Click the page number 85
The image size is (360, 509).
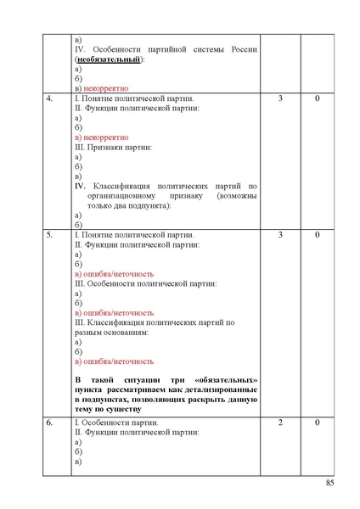(330, 484)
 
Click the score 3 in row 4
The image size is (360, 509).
(280, 99)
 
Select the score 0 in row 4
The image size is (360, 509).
(317, 99)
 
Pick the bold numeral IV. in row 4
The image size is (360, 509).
(81, 185)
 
